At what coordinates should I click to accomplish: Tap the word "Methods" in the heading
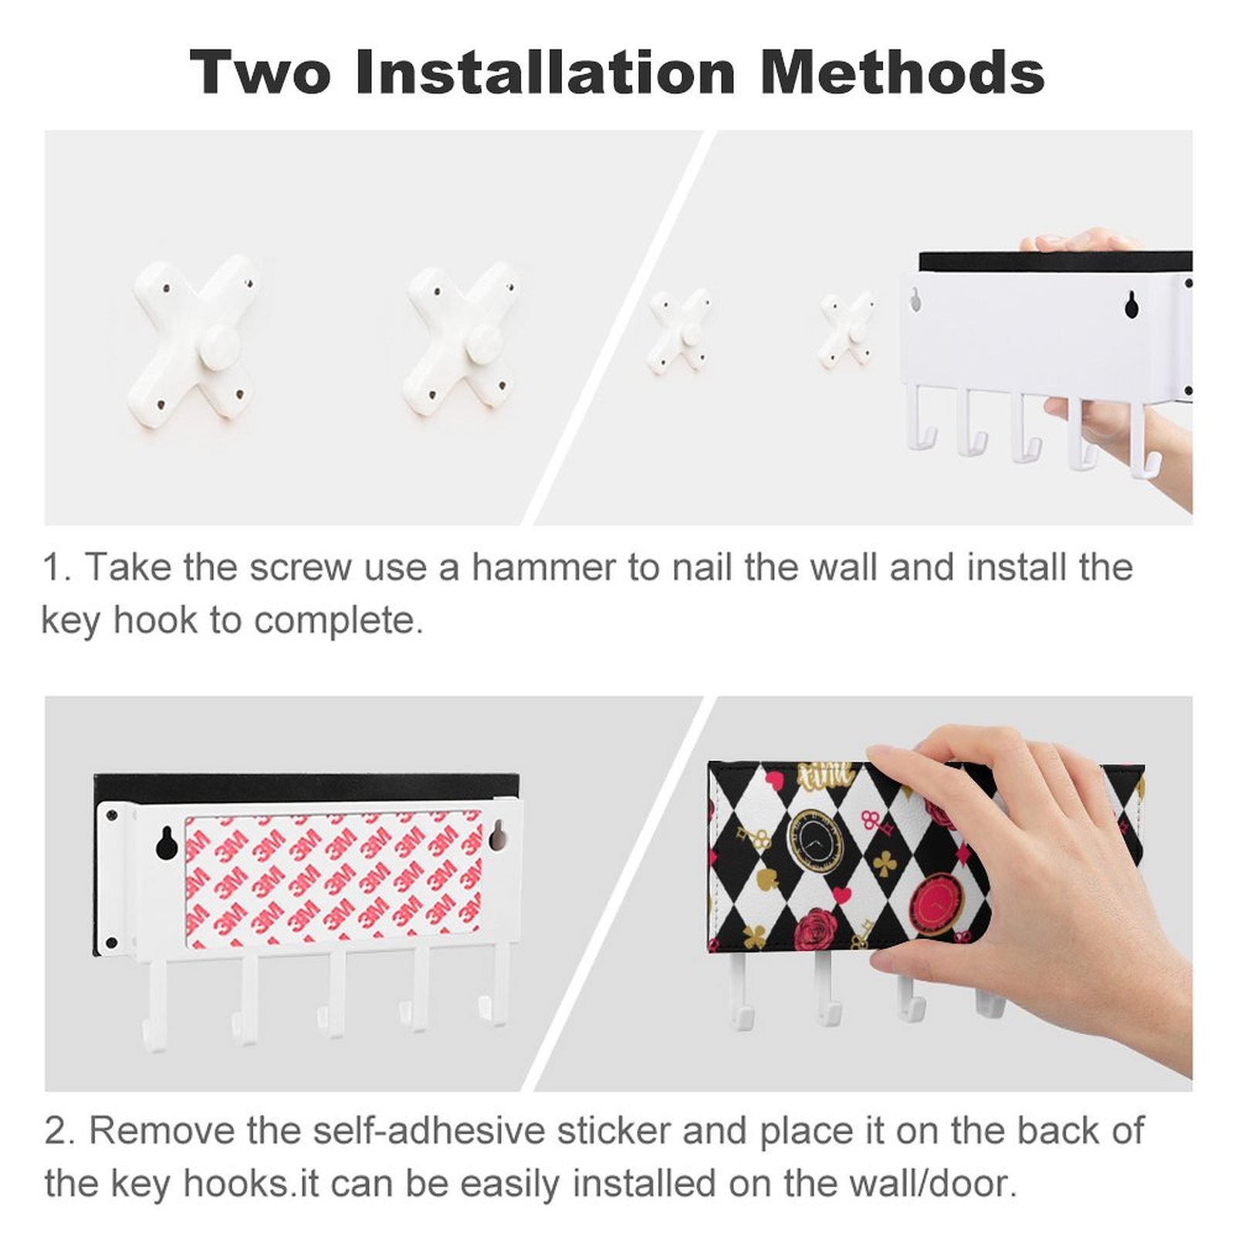coord(902,72)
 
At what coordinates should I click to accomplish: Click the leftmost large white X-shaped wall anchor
coord(194,340)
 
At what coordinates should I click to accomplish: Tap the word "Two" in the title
coord(260,72)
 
